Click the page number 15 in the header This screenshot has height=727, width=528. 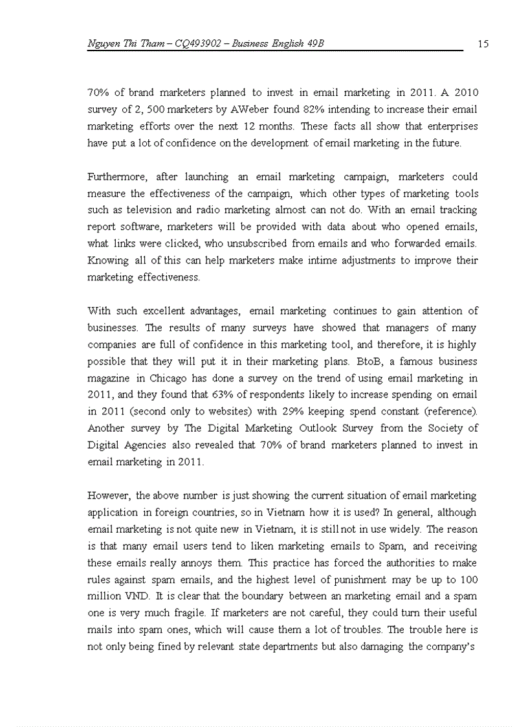click(483, 44)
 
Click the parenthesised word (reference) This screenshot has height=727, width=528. click(451, 412)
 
